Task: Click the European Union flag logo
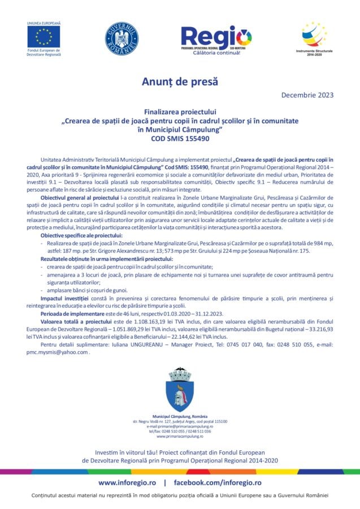tap(44, 37)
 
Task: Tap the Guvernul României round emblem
tap(121, 38)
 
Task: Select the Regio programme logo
tap(216, 38)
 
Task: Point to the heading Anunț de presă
tap(180, 82)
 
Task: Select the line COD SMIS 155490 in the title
tap(180, 137)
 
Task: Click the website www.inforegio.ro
tap(127, 482)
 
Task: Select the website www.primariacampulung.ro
tap(180, 437)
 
